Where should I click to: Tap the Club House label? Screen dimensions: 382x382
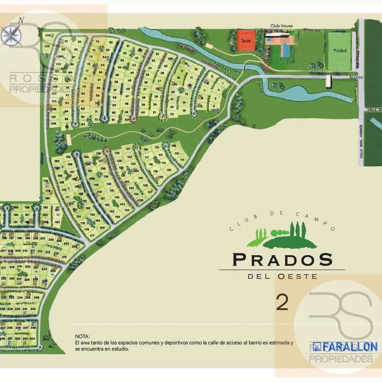click(x=281, y=26)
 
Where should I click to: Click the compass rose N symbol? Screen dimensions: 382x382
click(x=21, y=20)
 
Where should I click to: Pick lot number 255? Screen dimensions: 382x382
click(x=47, y=36)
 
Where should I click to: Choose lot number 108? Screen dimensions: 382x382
click(x=54, y=124)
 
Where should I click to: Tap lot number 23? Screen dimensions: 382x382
click(x=172, y=113)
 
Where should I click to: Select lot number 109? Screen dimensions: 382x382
click(x=174, y=146)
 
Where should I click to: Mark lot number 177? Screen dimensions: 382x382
click(x=92, y=235)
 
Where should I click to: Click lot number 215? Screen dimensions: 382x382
click(x=64, y=257)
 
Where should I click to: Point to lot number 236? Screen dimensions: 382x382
click(x=36, y=298)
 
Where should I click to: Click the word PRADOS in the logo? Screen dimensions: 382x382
click(x=282, y=259)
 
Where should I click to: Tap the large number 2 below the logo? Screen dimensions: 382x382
click(x=282, y=302)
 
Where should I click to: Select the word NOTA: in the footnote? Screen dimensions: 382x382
click(x=82, y=337)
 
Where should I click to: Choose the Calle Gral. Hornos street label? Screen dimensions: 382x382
click(x=361, y=137)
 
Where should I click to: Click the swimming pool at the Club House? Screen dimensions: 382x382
click(x=286, y=48)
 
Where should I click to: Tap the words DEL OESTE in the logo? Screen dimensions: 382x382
click(x=282, y=276)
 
